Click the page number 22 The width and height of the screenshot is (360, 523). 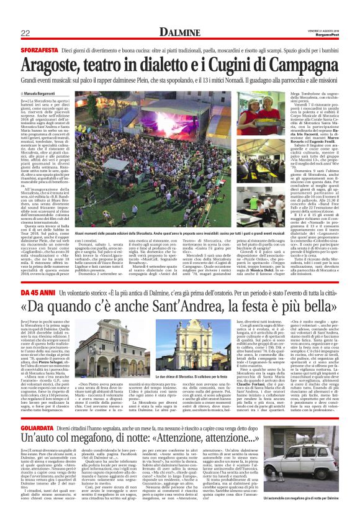pos(25,32)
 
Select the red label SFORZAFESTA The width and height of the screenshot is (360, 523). pos(37,47)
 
